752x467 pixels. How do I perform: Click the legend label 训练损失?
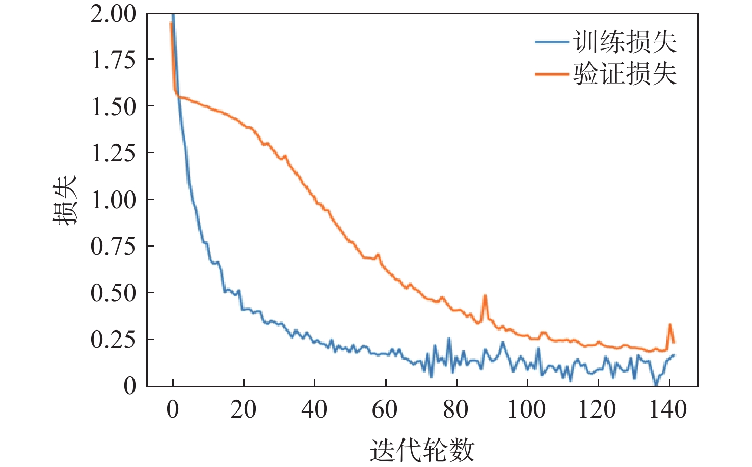click(x=625, y=42)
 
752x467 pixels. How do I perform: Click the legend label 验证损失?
click(x=625, y=74)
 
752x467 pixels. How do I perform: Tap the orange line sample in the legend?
click(x=552, y=74)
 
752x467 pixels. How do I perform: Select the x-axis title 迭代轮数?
click(x=422, y=450)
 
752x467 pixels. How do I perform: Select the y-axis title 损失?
click(x=65, y=200)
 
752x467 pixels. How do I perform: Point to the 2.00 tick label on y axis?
click(x=114, y=14)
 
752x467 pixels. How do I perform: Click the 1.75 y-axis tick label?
click(x=114, y=60)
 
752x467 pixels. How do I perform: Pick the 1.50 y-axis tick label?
click(x=114, y=106)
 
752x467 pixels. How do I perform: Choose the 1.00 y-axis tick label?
click(x=114, y=200)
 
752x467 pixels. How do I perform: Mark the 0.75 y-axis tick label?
click(x=114, y=246)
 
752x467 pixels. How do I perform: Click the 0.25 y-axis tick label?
click(x=114, y=340)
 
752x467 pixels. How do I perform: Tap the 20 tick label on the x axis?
click(x=243, y=409)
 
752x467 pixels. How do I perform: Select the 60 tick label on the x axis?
click(x=385, y=409)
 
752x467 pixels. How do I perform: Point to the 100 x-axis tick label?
click(x=526, y=409)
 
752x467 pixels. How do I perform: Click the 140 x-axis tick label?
click(x=668, y=409)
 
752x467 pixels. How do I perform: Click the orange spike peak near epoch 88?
click(x=485, y=296)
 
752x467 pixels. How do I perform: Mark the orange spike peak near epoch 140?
click(x=670, y=324)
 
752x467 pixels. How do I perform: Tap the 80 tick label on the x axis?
click(x=455, y=409)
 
